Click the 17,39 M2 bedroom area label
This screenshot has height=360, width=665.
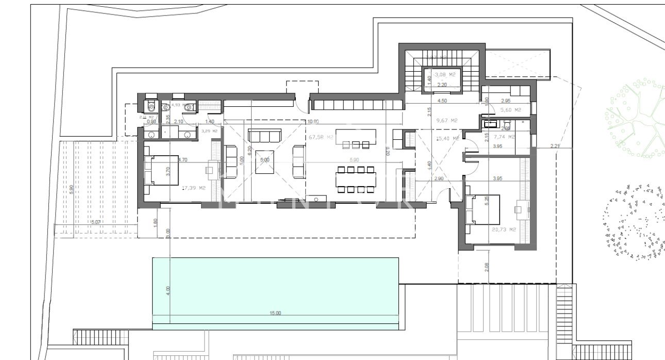coord(193,188)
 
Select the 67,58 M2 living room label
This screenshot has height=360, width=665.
coord(319,138)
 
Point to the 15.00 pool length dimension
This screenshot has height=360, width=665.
coord(275,313)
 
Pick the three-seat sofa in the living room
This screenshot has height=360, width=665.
coord(264,136)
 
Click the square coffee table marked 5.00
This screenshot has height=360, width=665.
coord(264,161)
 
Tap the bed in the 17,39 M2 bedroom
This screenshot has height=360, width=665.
coord(161,170)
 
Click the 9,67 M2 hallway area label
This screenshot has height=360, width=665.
coord(447,120)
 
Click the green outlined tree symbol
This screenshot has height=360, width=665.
coord(636,118)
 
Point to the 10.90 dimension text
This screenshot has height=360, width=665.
coord(313,122)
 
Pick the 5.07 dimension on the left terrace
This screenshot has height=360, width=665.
coord(95,222)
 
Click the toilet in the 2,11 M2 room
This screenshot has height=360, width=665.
coord(149,106)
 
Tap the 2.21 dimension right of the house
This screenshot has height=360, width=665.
coord(555,146)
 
